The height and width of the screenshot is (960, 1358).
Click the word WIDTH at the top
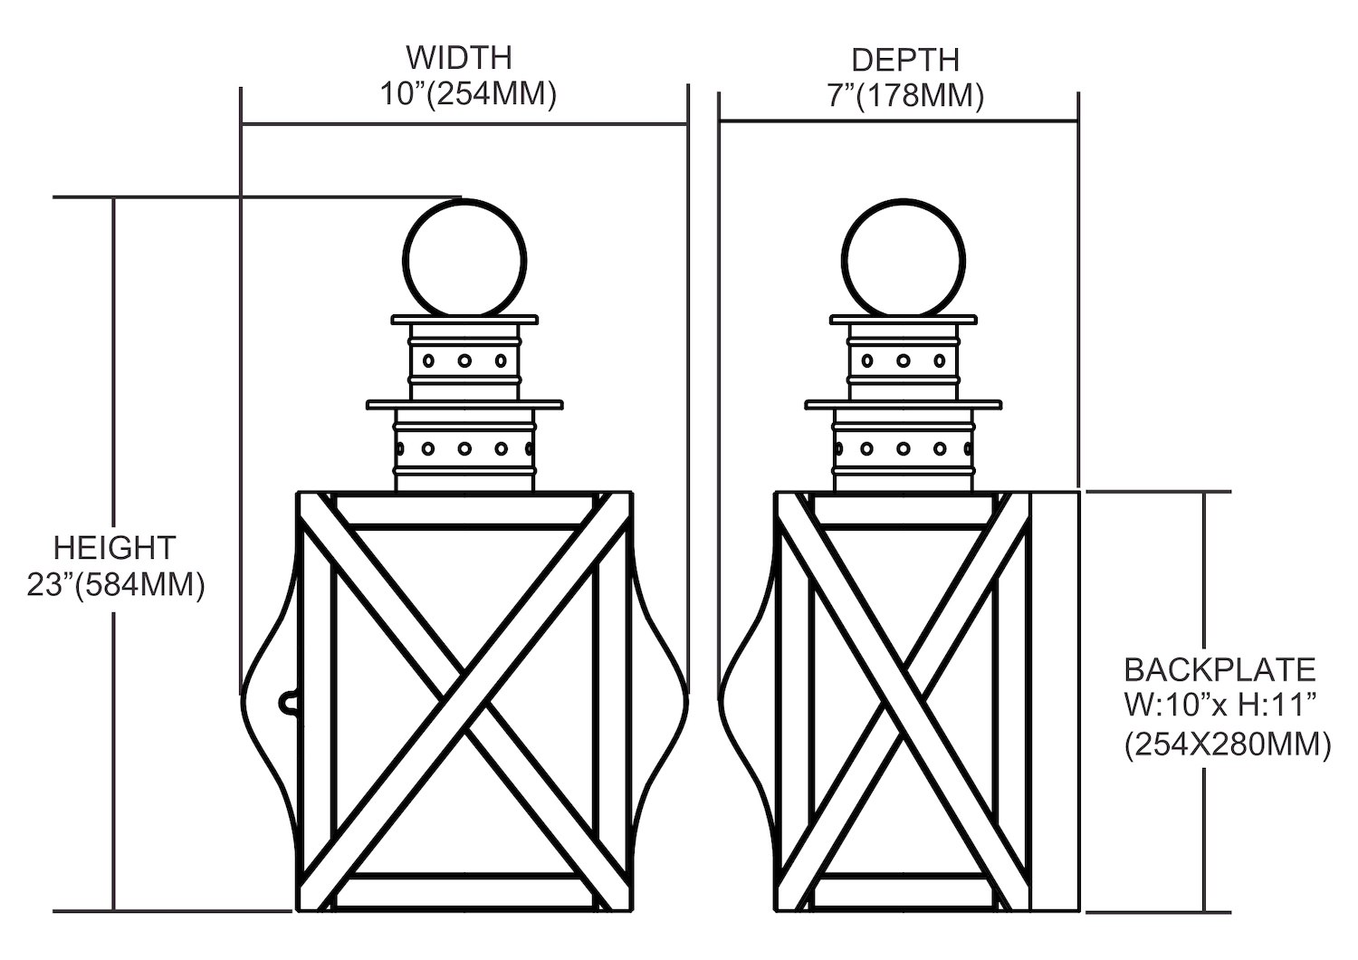[x=459, y=57]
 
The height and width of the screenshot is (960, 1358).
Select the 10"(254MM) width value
[x=467, y=93]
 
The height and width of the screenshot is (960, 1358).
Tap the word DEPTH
[x=904, y=60]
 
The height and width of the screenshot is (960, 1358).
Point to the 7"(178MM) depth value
[x=904, y=95]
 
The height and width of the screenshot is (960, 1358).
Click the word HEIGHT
[x=114, y=548]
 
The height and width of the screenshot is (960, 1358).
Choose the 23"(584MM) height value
[x=116, y=585]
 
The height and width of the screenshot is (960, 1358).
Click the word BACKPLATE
[x=1219, y=670]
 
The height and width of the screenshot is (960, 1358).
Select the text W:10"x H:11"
[x=1219, y=707]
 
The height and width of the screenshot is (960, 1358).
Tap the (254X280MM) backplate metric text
[x=1227, y=745]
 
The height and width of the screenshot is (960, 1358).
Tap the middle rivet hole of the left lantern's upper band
[x=464, y=360]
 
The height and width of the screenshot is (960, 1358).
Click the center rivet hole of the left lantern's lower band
[x=464, y=448]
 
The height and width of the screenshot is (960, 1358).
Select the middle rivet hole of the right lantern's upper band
[x=903, y=360]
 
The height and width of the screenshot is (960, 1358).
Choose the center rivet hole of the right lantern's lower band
[x=903, y=448]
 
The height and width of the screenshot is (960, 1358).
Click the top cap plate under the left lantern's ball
[x=464, y=320]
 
